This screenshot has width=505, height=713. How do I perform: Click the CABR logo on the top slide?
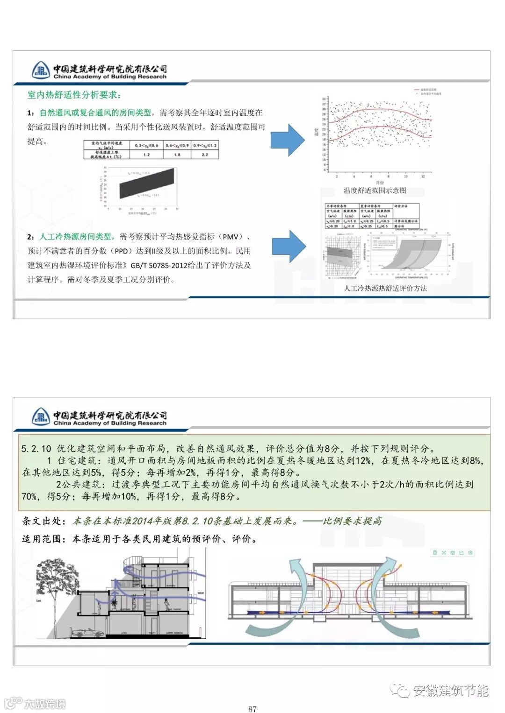41,71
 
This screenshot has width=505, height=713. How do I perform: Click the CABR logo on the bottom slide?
41,417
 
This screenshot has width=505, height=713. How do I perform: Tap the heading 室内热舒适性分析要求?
74,95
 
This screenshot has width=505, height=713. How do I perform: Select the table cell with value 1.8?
177,155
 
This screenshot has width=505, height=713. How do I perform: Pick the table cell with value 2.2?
205,155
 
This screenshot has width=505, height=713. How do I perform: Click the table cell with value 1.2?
146,155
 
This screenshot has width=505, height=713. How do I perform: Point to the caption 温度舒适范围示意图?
375,191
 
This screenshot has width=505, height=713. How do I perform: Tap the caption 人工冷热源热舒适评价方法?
385,288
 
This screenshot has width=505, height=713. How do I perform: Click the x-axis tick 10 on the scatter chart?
405,176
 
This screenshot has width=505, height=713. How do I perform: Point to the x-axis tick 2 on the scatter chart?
337,176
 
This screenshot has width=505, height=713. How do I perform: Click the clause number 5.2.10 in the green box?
36,449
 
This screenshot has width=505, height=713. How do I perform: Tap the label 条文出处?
42,521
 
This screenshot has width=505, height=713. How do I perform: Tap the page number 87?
252,709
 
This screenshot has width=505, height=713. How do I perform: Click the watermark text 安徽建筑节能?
451,691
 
